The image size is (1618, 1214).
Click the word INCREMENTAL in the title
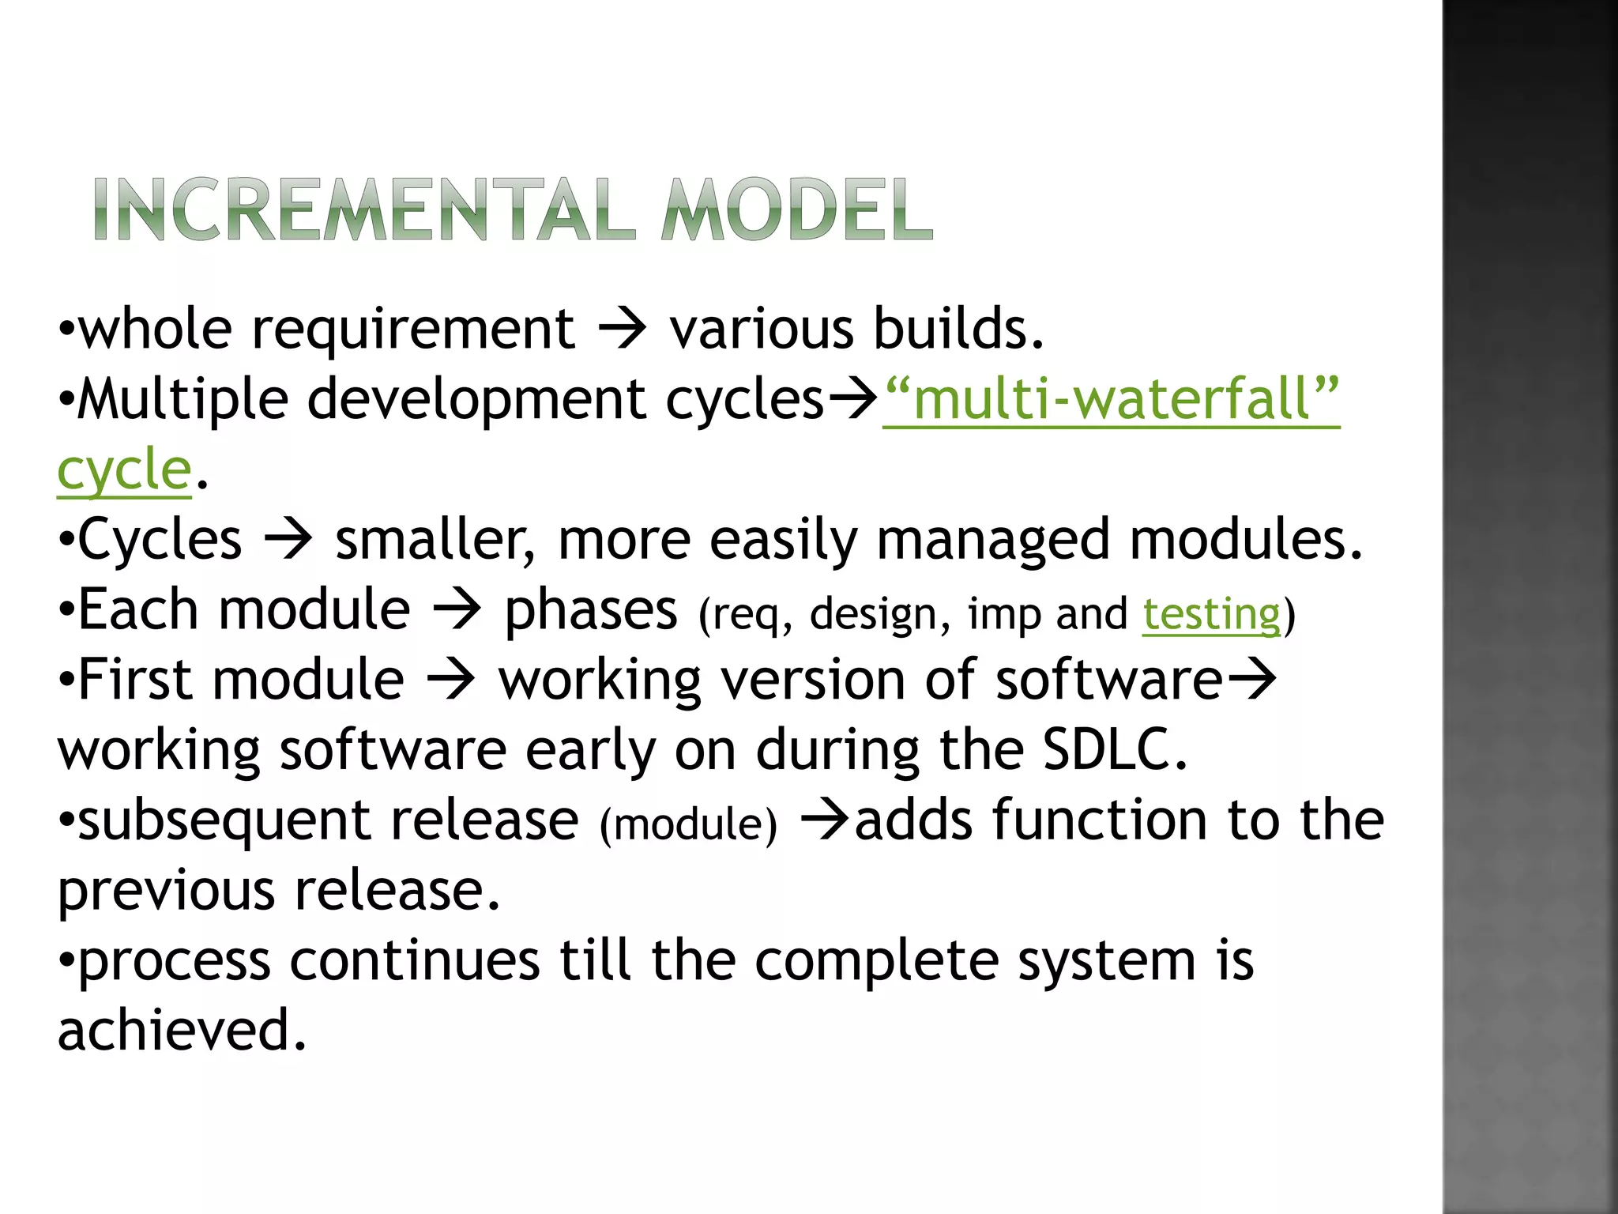[363, 209]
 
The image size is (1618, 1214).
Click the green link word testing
[1211, 614]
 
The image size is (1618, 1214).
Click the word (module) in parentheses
[688, 824]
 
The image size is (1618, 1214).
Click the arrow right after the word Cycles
[288, 541]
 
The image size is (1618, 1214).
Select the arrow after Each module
[457, 611]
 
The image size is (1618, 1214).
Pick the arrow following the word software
[1252, 680]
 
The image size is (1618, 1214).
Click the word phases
[591, 611]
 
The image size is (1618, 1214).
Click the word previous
[166, 891]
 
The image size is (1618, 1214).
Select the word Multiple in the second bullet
[182, 399]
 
